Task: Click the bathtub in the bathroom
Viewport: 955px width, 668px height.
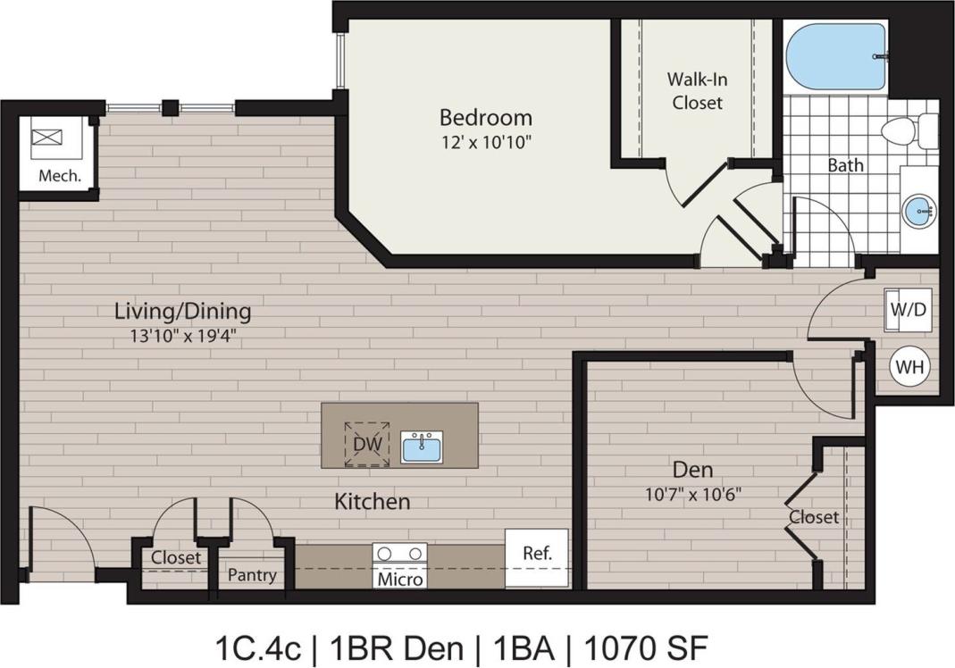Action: point(835,56)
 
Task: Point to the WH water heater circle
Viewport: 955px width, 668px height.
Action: point(909,367)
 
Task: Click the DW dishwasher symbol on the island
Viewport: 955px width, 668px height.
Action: point(364,443)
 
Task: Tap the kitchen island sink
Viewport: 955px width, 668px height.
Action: point(421,446)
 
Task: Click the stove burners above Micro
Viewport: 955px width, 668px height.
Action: point(399,554)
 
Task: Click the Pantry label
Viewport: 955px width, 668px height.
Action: point(251,575)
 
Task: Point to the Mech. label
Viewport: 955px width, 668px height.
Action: point(60,176)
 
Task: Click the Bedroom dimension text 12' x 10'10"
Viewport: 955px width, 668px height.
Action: point(485,141)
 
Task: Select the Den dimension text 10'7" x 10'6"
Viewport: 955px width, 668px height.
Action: point(693,492)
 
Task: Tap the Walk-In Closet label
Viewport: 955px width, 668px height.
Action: point(697,91)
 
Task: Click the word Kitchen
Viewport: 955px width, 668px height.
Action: point(373,501)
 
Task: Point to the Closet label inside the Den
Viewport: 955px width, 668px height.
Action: point(813,517)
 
